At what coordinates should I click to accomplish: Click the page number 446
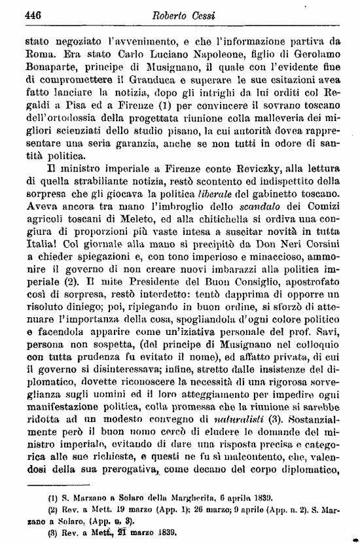tap(32, 13)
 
